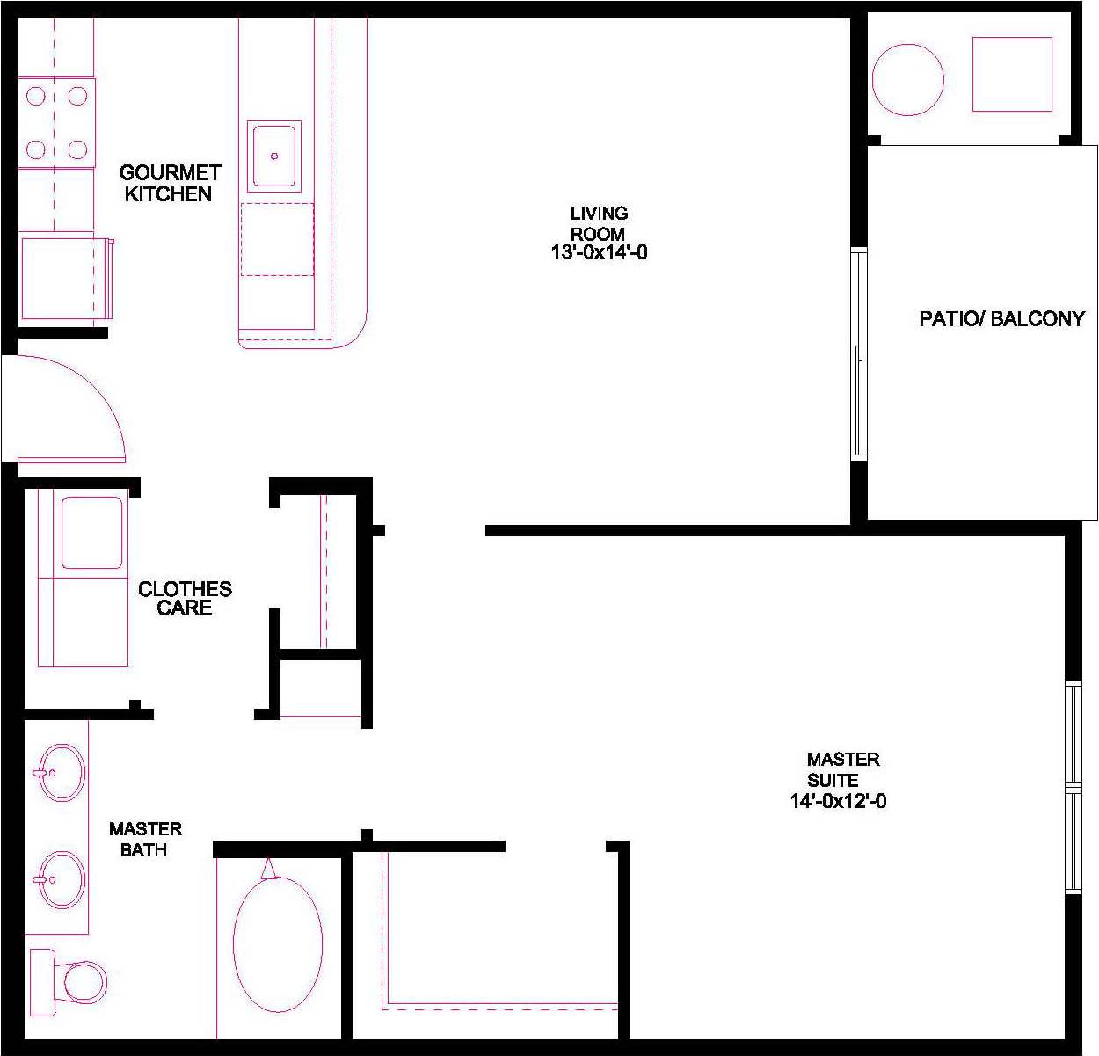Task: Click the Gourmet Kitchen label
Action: click(169, 183)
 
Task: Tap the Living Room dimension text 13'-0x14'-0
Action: click(599, 253)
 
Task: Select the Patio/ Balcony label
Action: click(1001, 318)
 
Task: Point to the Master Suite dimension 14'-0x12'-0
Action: click(838, 801)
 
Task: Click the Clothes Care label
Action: click(185, 598)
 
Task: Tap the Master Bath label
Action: click(145, 839)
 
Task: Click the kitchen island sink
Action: click(274, 156)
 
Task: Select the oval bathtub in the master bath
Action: click(278, 943)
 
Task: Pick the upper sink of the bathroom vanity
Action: click(62, 773)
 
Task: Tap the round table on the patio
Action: click(907, 80)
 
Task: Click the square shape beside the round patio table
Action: click(1012, 74)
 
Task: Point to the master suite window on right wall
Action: click(1073, 787)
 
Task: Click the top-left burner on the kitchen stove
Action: click(36, 95)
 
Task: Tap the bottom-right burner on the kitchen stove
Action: click(77, 149)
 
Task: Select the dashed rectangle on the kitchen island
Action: click(277, 239)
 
